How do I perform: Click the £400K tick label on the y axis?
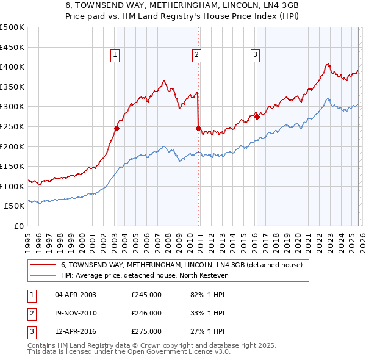pyautogui.click(x=12, y=67)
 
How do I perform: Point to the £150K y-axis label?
pyautogui.click(x=12, y=166)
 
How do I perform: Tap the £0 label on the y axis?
pyautogui.click(x=18, y=226)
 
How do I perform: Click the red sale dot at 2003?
pyautogui.click(x=117, y=128)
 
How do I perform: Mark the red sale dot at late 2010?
pyautogui.click(x=199, y=128)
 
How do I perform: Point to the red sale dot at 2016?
pyautogui.click(x=257, y=117)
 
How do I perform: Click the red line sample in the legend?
pyautogui.click(x=44, y=265)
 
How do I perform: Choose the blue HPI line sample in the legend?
pyautogui.click(x=44, y=275)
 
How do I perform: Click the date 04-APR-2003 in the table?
pyautogui.click(x=76, y=294)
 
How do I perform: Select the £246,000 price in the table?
pyautogui.click(x=146, y=313)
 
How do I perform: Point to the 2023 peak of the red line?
pyautogui.click(x=328, y=63)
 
